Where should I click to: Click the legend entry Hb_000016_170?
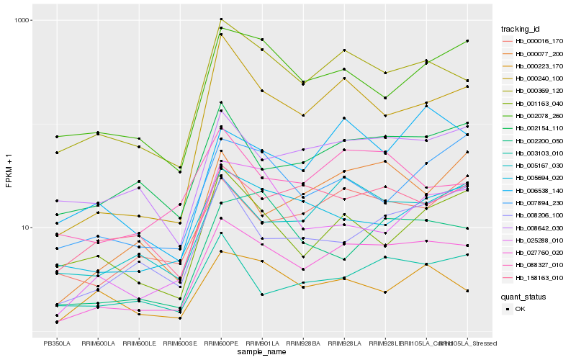pyautogui.click(x=534, y=41)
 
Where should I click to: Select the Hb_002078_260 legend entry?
pyautogui.click(x=534, y=115)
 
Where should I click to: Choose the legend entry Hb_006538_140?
pyautogui.click(x=534, y=191)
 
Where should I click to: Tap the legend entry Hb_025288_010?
pyautogui.click(x=534, y=240)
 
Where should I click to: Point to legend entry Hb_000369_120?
pyautogui.click(x=534, y=91)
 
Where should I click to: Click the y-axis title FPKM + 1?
pyautogui.click(x=9, y=173)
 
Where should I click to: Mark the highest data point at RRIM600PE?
pyautogui.click(x=221, y=19)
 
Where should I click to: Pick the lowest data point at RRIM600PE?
pyautogui.click(x=221, y=251)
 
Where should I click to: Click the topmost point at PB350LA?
pyautogui.click(x=57, y=137)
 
